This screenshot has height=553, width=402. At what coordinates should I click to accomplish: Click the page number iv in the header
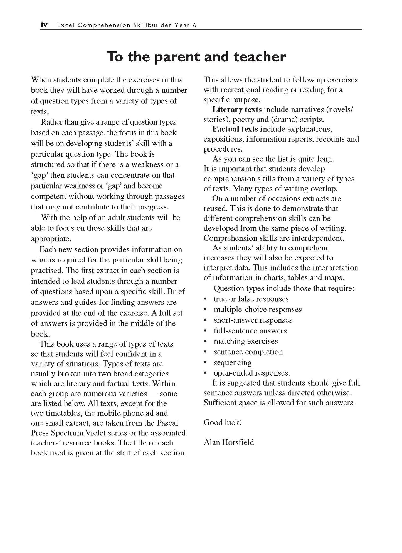tap(44, 25)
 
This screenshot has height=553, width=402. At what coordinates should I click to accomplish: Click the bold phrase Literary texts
tap(237, 109)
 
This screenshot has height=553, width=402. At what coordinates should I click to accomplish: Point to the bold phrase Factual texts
tap(235, 129)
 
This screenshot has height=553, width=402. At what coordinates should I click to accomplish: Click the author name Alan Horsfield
tap(229, 442)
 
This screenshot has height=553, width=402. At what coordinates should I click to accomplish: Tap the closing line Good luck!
tap(223, 422)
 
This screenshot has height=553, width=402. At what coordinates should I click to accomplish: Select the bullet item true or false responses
tap(251, 299)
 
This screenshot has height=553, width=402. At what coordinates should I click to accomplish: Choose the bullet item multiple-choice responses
tap(258, 310)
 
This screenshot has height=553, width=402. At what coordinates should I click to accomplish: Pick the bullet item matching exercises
tap(246, 341)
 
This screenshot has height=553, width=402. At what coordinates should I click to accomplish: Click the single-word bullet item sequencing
tap(233, 362)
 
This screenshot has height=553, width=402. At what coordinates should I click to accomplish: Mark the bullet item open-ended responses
tap(252, 373)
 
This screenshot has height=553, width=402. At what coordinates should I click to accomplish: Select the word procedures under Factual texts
tap(223, 149)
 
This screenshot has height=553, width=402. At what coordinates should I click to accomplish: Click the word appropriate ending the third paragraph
tap(51, 239)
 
